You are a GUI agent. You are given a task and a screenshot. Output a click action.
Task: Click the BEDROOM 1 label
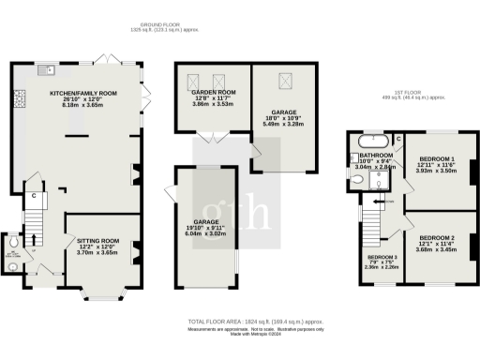point(437,158)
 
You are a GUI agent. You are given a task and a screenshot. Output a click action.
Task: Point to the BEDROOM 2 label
point(437,238)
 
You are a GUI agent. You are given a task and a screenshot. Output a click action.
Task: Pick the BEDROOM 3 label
point(382,256)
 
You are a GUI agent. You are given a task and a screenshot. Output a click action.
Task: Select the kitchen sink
point(43,70)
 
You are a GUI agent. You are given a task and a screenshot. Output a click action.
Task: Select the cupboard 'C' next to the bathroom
point(397,140)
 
